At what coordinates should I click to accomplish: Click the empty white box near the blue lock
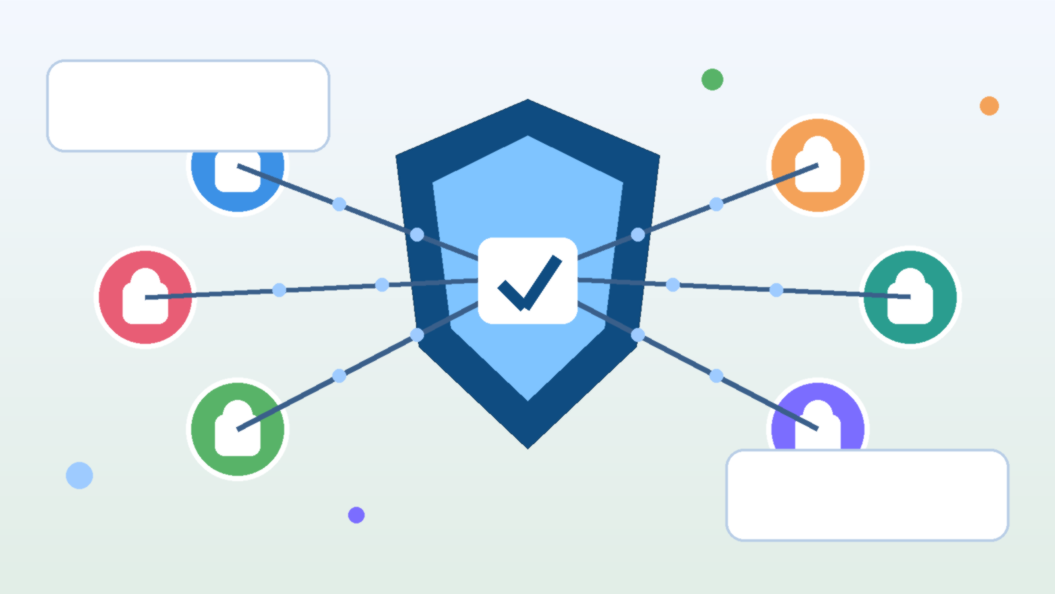click(x=188, y=106)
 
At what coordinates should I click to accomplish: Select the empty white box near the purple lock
click(x=867, y=495)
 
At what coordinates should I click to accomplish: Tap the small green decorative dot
click(x=712, y=80)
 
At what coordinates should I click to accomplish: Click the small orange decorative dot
click(x=989, y=106)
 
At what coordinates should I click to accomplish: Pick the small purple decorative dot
click(x=356, y=515)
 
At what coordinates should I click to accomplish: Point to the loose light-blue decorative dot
click(x=79, y=475)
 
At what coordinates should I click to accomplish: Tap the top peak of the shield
click(x=527, y=102)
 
